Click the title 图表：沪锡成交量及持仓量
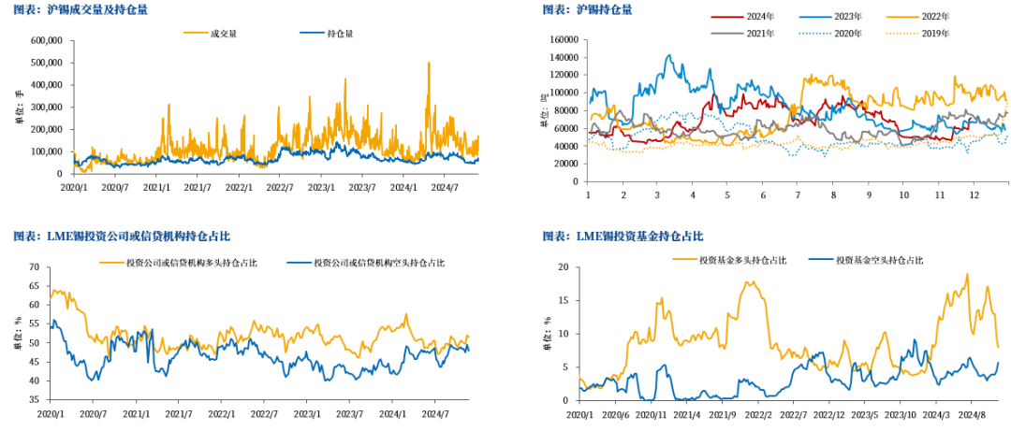[81, 10]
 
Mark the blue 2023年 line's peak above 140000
[668, 55]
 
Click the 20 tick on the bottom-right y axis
[564, 267]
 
